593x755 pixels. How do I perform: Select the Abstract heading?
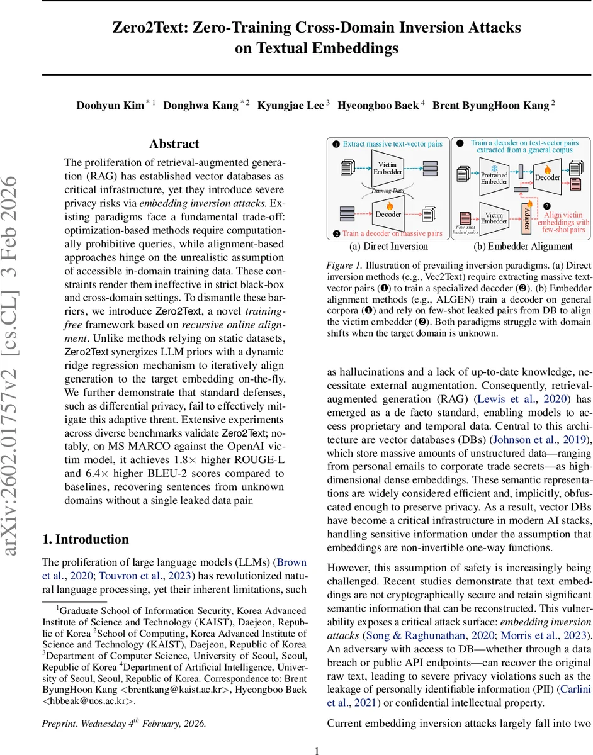[174, 144]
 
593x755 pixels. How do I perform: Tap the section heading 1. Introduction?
[85, 539]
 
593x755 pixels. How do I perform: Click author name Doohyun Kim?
[110, 105]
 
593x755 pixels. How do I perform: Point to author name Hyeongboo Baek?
[378, 105]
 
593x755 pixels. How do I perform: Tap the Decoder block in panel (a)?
[388, 214]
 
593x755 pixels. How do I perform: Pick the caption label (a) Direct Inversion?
[388, 246]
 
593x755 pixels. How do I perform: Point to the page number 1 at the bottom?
[317, 749]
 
